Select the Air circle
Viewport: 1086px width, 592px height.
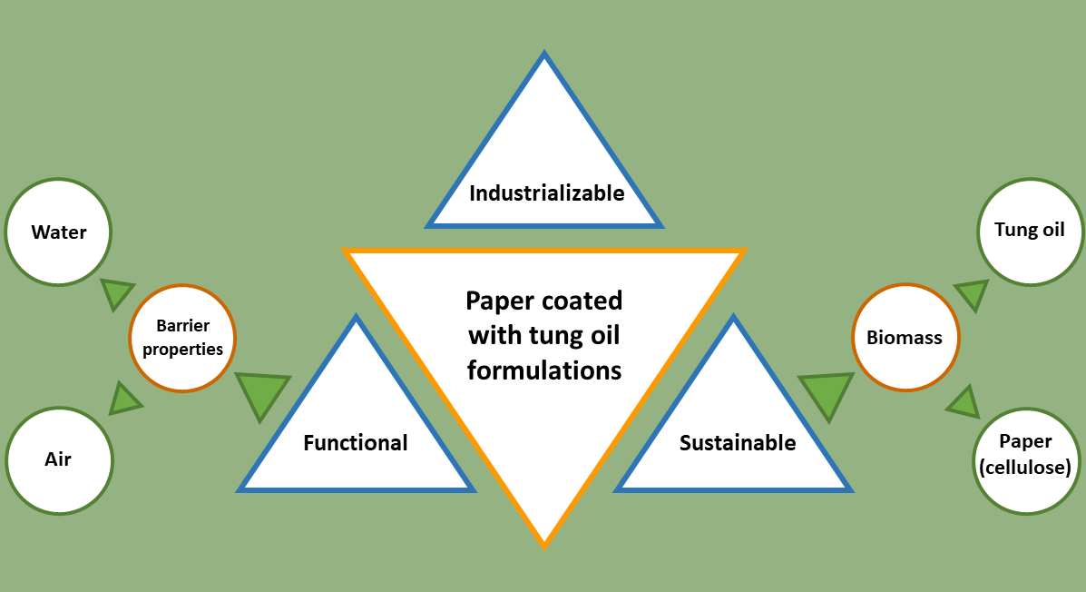pos(59,459)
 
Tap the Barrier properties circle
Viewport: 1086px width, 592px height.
pos(182,338)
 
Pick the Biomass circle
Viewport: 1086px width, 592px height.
pos(905,338)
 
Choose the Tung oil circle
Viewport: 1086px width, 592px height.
pos(1029,229)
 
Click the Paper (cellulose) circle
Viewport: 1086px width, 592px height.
pos(1025,456)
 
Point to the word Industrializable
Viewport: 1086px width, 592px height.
pos(546,193)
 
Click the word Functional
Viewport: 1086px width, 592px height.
pos(356,443)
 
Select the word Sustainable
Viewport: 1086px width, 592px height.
pos(738,443)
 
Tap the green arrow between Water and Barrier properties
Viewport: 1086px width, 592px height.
pos(117,293)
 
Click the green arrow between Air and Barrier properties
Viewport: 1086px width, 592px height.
pos(124,398)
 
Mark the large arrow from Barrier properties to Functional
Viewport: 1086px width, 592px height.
pos(261,392)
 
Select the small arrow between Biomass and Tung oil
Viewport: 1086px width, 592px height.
pos(973,294)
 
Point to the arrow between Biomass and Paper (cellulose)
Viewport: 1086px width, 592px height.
pos(964,401)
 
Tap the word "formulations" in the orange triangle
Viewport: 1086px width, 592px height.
pos(544,370)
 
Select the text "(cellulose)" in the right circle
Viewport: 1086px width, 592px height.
pos(1025,468)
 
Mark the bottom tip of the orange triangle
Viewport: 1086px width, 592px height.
pos(544,543)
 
